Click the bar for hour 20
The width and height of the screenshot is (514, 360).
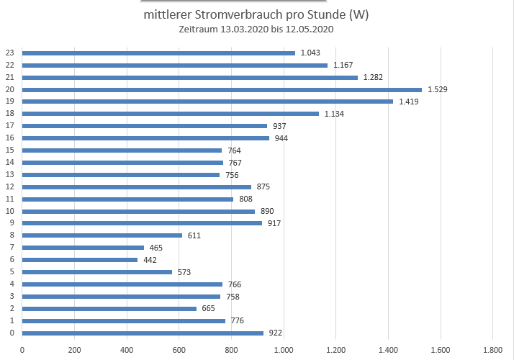point(222,89)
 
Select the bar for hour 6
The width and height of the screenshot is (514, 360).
point(80,260)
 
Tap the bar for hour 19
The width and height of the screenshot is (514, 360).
point(207,102)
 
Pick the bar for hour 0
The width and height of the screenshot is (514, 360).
point(143,333)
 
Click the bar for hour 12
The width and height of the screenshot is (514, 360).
point(137,186)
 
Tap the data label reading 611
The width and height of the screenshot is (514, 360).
point(194,235)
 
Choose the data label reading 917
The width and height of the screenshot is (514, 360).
point(274,223)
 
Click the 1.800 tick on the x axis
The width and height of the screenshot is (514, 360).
point(492,349)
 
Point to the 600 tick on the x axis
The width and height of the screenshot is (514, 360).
point(179,349)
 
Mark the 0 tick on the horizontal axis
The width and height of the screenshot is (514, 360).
point(22,349)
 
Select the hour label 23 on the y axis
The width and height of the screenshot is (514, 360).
point(9,53)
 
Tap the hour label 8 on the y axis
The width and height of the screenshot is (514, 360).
point(11,235)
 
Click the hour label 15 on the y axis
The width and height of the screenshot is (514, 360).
point(9,150)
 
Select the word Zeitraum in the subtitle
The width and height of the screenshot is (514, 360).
point(196,30)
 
